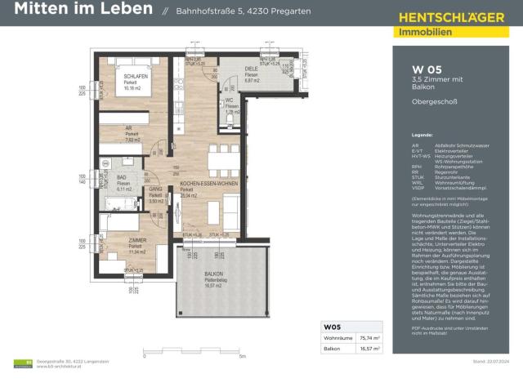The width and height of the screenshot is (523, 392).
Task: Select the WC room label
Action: click(x=231, y=100)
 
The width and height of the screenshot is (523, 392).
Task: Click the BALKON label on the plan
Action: click(x=214, y=274)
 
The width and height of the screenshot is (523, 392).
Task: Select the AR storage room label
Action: click(x=128, y=128)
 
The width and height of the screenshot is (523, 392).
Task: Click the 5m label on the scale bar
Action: click(x=242, y=358)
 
